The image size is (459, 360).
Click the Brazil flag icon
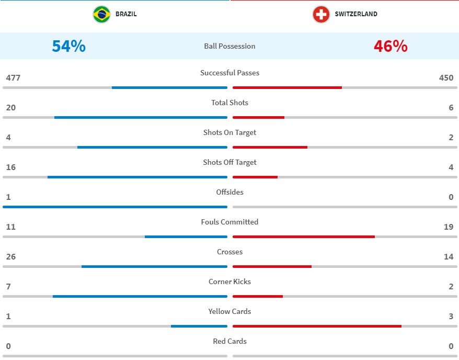tap(101, 14)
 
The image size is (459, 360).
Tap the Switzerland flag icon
tap(321, 14)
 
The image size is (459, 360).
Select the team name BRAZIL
tap(126, 14)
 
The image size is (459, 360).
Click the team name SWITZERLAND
tap(355, 14)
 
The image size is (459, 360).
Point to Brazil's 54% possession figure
tap(68, 46)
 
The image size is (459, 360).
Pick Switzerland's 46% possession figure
tap(391, 46)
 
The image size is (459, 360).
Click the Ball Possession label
tap(229, 46)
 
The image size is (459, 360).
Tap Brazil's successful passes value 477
tap(13, 78)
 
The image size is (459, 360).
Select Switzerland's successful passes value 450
tap(446, 78)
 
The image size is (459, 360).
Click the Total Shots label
tap(229, 103)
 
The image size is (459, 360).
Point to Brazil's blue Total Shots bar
tap(141, 117)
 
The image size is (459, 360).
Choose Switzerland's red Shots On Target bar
tap(270, 147)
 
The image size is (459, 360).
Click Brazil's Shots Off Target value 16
tap(11, 167)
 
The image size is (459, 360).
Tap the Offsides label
tap(229, 192)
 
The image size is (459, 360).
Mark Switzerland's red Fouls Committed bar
tap(304, 237)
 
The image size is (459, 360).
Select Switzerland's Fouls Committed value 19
tap(448, 227)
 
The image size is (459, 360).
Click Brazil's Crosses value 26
tap(11, 257)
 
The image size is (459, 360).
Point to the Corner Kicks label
tap(229, 282)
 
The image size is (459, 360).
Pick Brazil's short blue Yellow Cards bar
tap(199, 326)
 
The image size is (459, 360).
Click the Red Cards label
tap(229, 341)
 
